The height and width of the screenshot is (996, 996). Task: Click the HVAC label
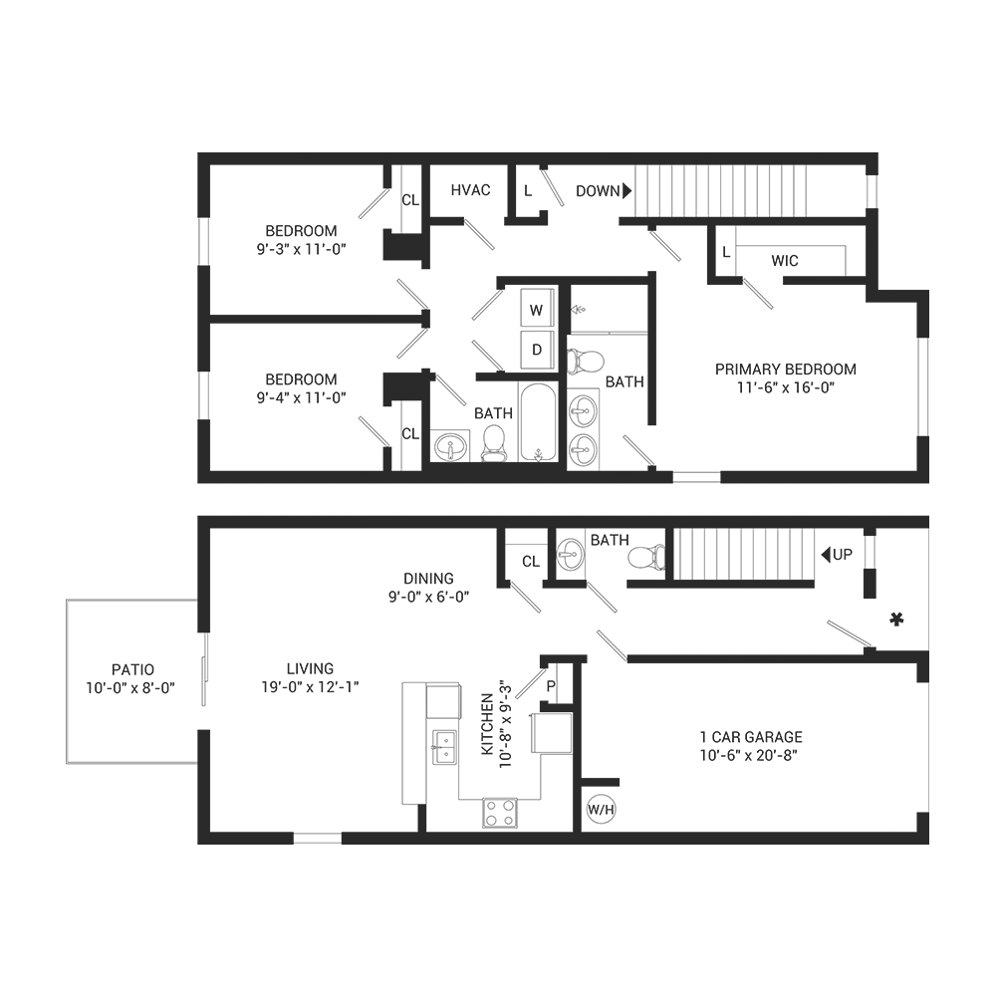click(470, 190)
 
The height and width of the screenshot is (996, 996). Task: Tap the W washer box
click(537, 309)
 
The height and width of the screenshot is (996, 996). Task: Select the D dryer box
click(537, 350)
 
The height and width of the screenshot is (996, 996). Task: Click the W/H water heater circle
click(601, 811)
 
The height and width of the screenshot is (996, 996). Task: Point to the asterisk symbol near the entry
click(896, 621)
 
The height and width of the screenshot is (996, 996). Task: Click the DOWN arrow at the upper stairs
click(627, 190)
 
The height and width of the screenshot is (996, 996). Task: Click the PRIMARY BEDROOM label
click(786, 369)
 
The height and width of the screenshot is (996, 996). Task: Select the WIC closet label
click(784, 261)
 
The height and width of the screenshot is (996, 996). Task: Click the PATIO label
click(133, 669)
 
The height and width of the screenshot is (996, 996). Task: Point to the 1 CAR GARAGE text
click(751, 737)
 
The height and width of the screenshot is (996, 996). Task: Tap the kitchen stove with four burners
click(501, 813)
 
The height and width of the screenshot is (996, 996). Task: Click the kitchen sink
click(444, 746)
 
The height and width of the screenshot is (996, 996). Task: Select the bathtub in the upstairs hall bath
click(539, 423)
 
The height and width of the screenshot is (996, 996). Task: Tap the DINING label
click(428, 578)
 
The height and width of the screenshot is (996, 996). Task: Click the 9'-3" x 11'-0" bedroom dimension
click(301, 249)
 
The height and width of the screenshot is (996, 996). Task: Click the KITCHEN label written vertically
click(487, 726)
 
